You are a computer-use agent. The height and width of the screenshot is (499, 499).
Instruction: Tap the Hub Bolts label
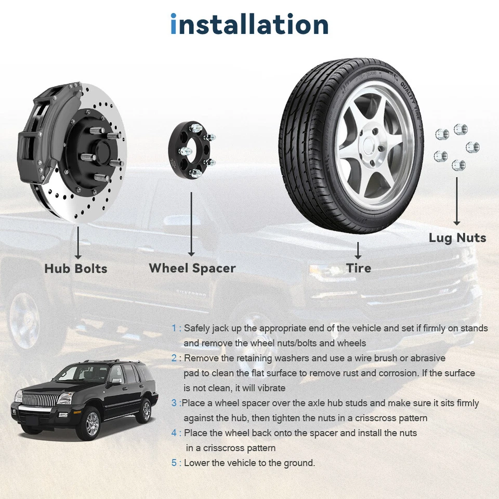[x=76, y=269]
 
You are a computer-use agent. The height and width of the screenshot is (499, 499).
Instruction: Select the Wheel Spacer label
[x=192, y=268]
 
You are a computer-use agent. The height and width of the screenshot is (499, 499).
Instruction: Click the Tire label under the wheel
[x=359, y=268]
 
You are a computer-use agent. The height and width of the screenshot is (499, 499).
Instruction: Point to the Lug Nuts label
[x=457, y=238]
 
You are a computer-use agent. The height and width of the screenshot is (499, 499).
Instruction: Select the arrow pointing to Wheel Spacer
[x=192, y=224]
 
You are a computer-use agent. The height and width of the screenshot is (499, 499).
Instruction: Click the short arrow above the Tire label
[x=358, y=250]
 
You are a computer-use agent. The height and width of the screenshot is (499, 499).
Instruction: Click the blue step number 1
[x=174, y=329]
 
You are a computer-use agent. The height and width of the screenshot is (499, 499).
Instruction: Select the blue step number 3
[x=174, y=403]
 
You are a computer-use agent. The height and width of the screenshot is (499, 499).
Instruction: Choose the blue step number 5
[x=174, y=463]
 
